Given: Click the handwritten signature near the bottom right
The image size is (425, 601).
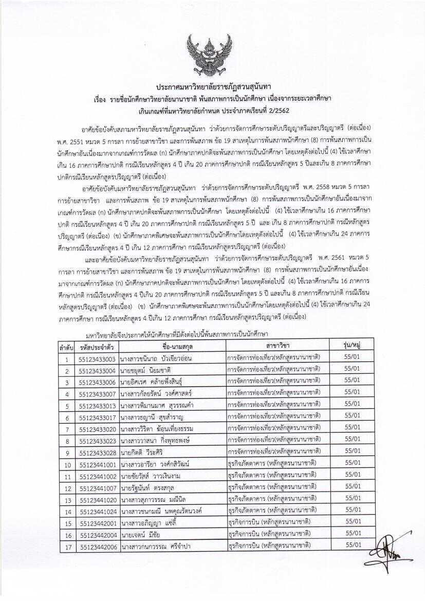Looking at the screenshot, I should click(x=393, y=552).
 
